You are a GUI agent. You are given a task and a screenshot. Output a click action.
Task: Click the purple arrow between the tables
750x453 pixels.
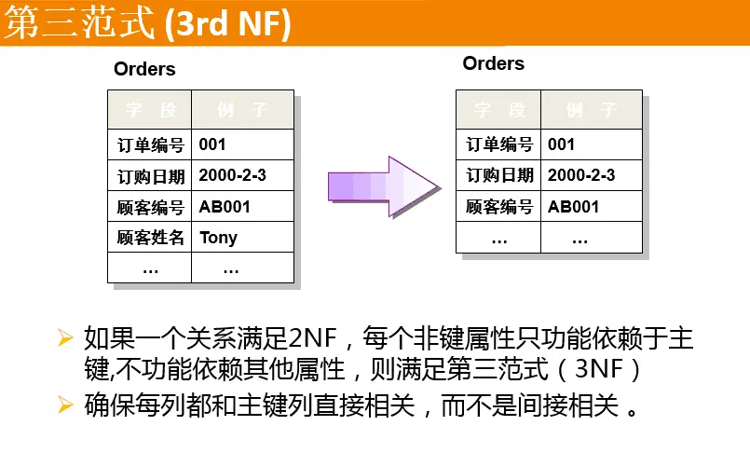coord(382,186)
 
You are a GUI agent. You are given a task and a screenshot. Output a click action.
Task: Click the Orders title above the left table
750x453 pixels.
coord(144,69)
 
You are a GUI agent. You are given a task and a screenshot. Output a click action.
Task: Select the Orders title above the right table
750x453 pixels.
coord(493,63)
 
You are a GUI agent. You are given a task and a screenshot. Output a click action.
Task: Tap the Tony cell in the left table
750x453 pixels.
coord(218,238)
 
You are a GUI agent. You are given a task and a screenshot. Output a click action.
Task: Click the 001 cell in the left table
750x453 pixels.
coord(212,144)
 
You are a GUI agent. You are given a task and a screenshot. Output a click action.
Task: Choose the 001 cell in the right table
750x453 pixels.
coord(561,144)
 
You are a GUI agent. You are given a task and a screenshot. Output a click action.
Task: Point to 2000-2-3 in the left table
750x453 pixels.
coord(233,175)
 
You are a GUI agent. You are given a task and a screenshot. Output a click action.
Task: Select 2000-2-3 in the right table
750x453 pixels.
coord(581,175)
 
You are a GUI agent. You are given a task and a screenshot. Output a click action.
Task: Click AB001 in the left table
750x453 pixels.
coord(225,207)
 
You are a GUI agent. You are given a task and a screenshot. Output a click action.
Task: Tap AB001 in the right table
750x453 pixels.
coord(573,207)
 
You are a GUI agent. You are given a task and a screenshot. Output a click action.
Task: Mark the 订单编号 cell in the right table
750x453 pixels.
coord(499,144)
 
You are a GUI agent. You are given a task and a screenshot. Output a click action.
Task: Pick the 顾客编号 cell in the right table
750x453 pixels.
coord(499,207)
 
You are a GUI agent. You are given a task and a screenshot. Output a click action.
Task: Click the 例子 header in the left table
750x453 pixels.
coord(242,110)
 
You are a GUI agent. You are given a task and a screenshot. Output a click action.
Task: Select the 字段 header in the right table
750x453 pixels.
coord(499,110)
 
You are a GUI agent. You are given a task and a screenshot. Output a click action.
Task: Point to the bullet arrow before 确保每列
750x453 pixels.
coord(64,405)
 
